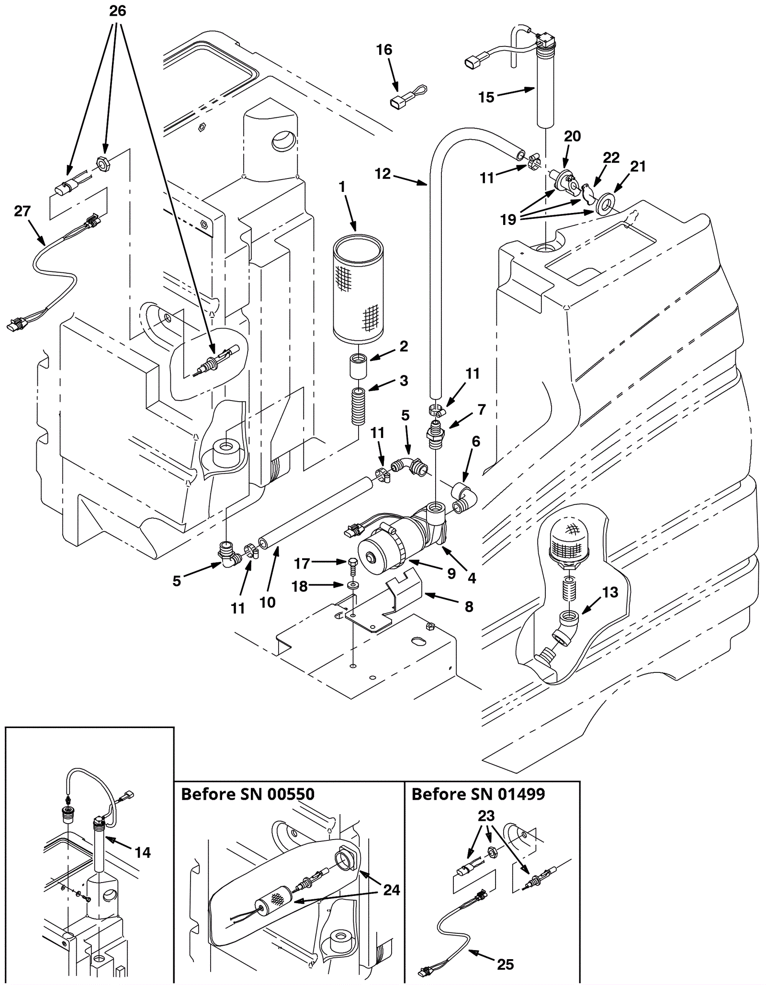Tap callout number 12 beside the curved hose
point(383,174)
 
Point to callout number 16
point(384,50)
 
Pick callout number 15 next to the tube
point(486,97)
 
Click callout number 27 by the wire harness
point(23,211)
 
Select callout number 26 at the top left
point(118,11)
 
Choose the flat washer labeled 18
point(353,585)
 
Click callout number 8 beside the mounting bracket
point(469,606)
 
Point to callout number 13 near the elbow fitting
point(610,592)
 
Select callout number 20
point(572,136)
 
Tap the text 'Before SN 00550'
point(248,795)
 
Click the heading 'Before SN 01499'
point(478,795)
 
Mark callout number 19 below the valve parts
point(508,219)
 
